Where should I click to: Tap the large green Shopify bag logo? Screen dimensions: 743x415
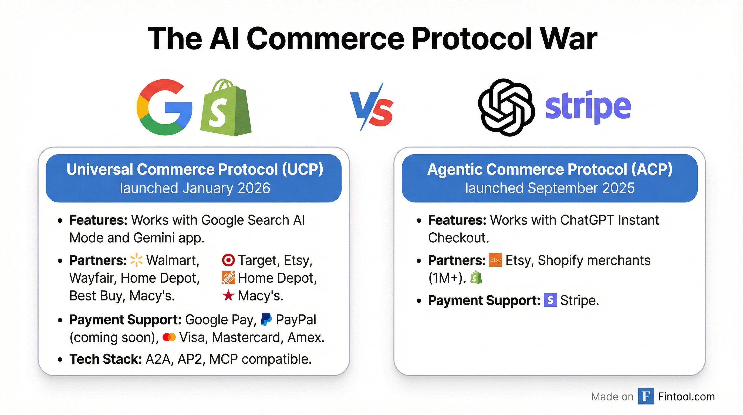click(226, 107)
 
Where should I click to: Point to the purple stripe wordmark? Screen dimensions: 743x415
click(588, 108)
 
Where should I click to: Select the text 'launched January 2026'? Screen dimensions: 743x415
click(195, 188)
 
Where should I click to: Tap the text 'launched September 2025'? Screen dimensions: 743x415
click(550, 188)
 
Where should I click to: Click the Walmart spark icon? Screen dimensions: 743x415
click(136, 260)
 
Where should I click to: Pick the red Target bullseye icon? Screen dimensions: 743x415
click(228, 260)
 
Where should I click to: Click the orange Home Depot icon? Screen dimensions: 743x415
click(228, 278)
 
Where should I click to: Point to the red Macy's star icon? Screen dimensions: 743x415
click(228, 296)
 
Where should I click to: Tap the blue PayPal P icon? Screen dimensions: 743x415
click(266, 319)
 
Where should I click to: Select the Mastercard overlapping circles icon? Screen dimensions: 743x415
click(169, 337)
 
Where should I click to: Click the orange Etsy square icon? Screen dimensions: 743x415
click(495, 260)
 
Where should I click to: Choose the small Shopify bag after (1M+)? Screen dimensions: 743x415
click(476, 278)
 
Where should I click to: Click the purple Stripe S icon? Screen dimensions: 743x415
click(550, 300)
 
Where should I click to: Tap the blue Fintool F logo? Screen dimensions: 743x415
click(646, 397)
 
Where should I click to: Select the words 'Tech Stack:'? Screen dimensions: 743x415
click(106, 359)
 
